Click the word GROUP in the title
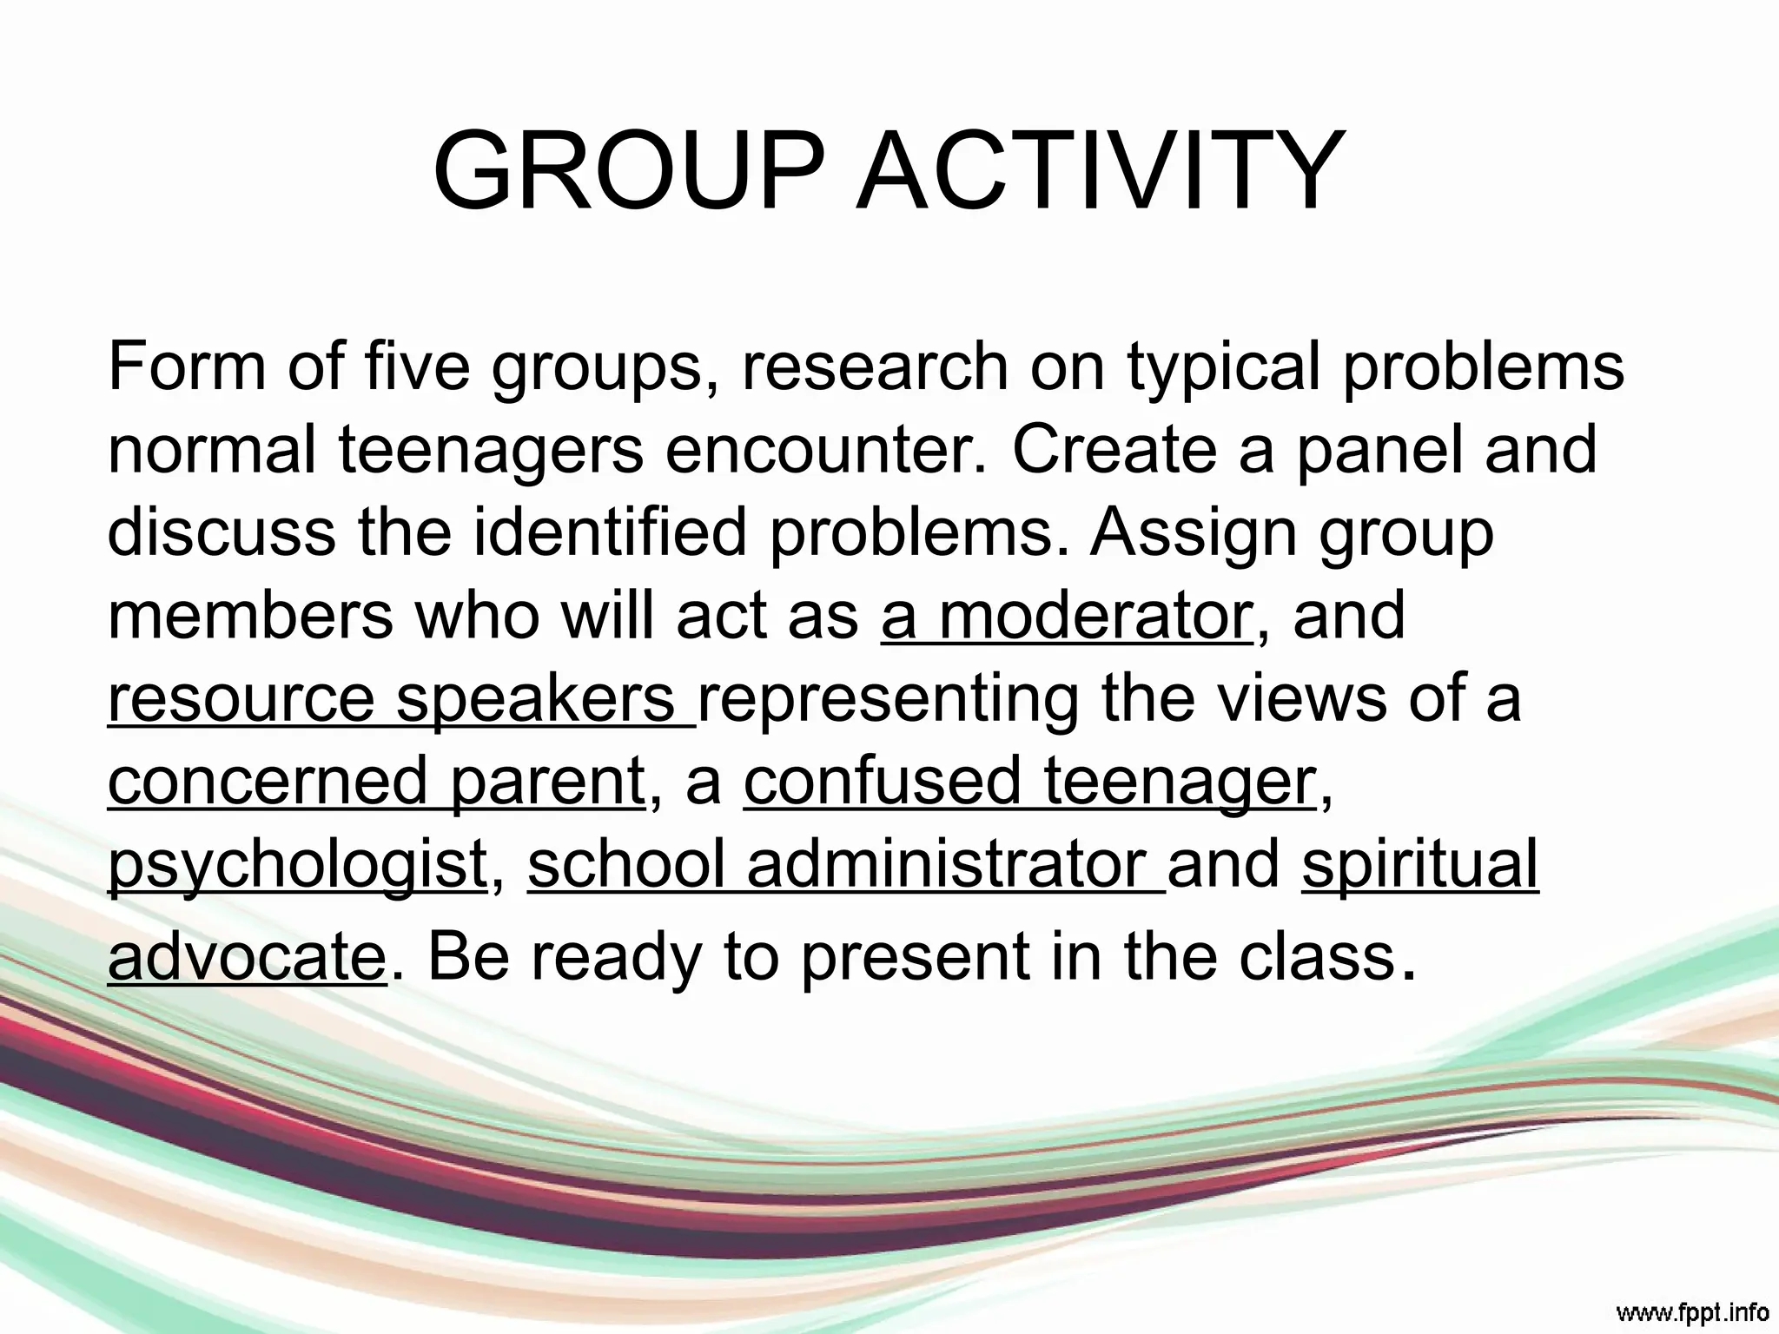tap(627, 170)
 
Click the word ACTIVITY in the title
tap(1101, 170)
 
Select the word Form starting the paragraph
tap(186, 366)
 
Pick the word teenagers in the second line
tap(491, 450)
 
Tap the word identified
tap(610, 532)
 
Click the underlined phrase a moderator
tap(1067, 615)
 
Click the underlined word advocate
tap(246, 956)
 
